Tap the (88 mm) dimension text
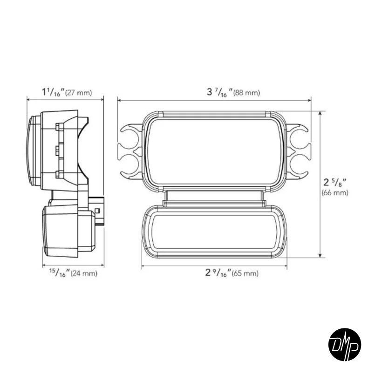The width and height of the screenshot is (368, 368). (246, 93)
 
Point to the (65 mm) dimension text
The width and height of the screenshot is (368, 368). (245, 273)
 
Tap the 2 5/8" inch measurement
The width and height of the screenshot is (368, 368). (334, 181)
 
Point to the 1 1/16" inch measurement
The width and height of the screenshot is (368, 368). (52, 92)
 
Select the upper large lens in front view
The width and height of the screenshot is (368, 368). (215, 151)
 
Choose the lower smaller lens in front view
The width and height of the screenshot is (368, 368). (215, 231)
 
